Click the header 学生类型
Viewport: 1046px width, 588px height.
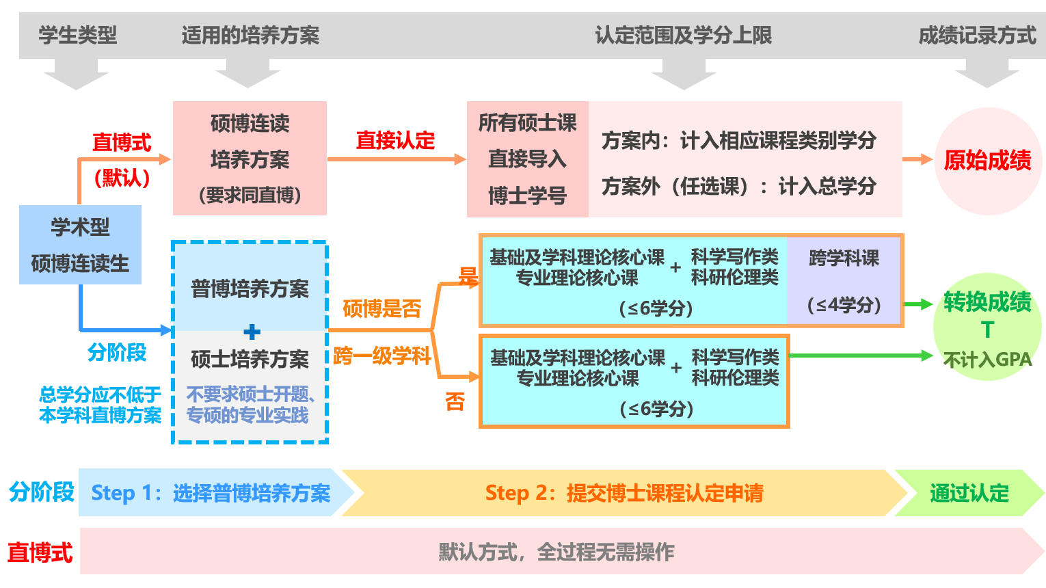[x=77, y=35]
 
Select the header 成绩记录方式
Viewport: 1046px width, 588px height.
[x=977, y=35]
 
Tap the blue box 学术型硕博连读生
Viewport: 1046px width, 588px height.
[x=80, y=245]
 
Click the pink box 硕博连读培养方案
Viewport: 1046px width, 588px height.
[x=250, y=159]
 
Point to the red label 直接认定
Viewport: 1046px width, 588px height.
[x=395, y=140]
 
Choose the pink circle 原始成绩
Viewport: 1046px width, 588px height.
[x=987, y=161]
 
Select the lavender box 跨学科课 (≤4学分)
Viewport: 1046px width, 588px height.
[x=844, y=280]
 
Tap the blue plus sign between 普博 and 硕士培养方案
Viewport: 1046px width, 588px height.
[x=252, y=332]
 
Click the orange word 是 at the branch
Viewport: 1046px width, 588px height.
[x=468, y=276]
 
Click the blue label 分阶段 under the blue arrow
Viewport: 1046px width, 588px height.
[x=117, y=352]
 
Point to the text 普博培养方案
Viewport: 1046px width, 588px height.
[x=250, y=289]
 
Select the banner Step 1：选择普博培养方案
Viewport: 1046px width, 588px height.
[x=211, y=493]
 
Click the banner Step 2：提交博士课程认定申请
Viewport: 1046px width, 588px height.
[x=623, y=493]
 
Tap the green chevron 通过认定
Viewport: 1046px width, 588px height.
[x=969, y=493]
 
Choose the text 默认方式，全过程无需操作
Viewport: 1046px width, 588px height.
[x=556, y=551]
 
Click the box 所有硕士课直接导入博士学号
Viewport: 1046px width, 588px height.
[x=527, y=159]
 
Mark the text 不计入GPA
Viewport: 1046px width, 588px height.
[x=987, y=360]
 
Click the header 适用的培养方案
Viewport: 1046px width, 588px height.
[x=250, y=35]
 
